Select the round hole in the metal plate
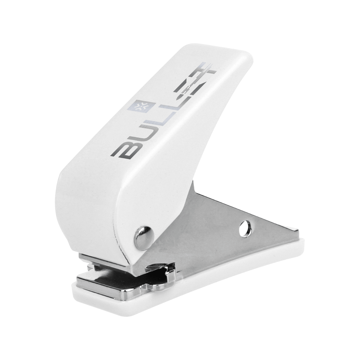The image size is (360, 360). coord(245,228)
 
